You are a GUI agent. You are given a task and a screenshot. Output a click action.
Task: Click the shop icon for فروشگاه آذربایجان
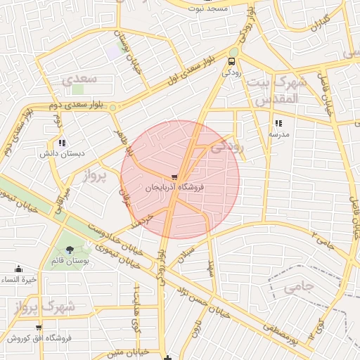[174, 177]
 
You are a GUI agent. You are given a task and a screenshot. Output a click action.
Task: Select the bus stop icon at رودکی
[233, 62]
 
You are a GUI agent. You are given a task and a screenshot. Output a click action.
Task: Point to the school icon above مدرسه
[278, 123]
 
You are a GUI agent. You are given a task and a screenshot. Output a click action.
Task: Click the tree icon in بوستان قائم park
[69, 250]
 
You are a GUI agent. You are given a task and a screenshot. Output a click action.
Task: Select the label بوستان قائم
[68, 262]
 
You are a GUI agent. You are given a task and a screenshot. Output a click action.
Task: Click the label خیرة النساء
[18, 280]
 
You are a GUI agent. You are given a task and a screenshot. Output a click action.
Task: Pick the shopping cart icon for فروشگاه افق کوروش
[38, 328]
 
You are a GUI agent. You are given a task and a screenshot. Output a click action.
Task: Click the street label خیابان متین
[129, 351]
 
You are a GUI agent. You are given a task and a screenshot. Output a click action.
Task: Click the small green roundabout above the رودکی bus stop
[233, 51]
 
